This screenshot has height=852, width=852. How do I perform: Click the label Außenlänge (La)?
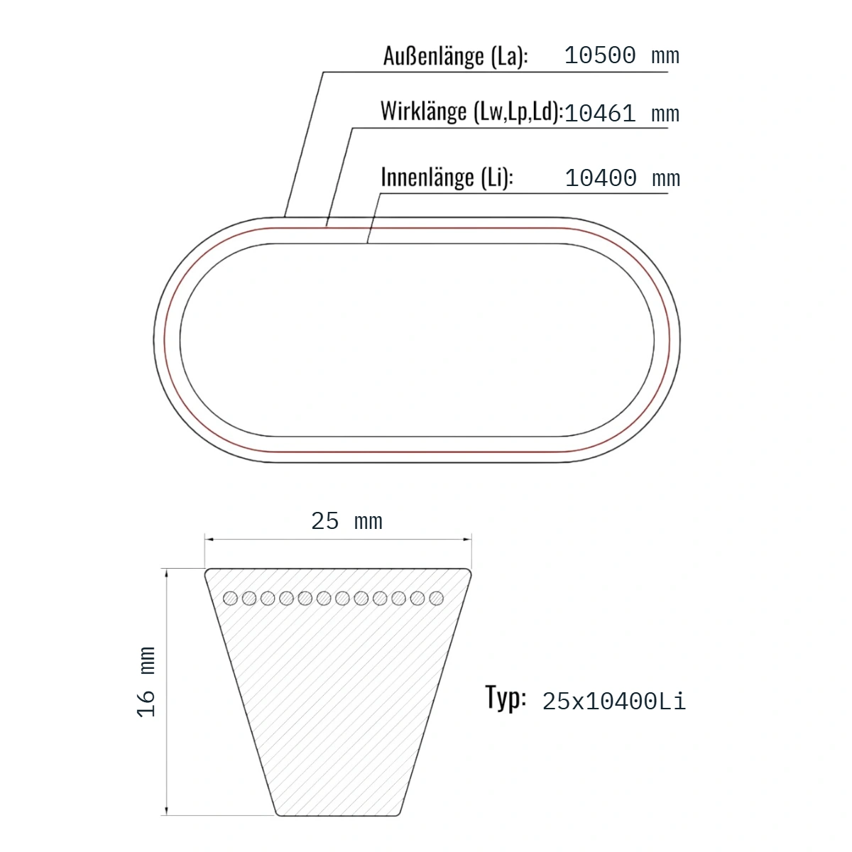[x=455, y=56]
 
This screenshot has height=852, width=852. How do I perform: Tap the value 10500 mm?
[x=621, y=55]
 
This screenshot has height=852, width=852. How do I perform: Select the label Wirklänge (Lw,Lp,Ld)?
[x=471, y=111]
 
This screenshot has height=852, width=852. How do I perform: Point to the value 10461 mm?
[x=621, y=113]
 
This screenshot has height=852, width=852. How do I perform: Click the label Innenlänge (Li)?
[x=447, y=177]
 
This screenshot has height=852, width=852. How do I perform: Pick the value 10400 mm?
[x=622, y=177]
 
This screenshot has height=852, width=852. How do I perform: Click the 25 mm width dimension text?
[x=346, y=521]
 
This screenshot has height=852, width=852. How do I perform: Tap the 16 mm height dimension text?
[x=146, y=682]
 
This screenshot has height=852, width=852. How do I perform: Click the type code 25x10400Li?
[x=614, y=701]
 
